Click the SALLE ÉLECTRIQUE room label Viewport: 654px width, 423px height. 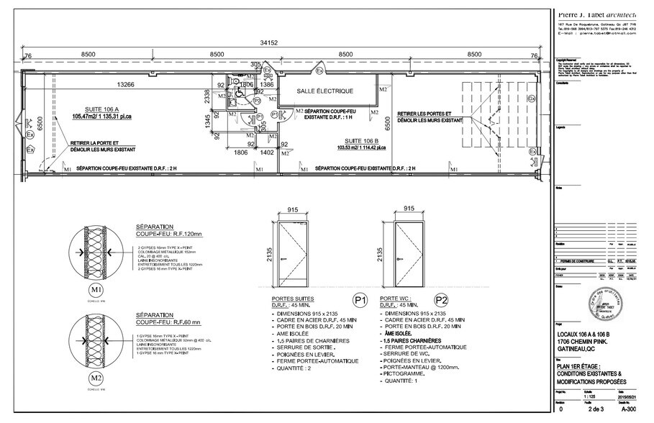(324, 91)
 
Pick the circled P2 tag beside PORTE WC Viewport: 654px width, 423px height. (441, 299)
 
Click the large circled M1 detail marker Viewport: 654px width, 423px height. (96, 289)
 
